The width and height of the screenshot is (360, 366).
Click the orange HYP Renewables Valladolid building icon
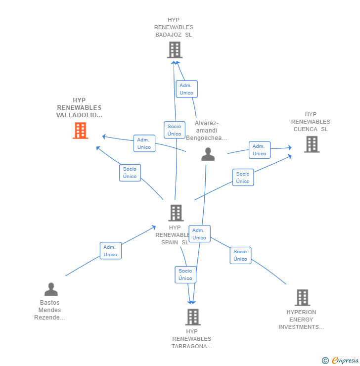click(x=80, y=131)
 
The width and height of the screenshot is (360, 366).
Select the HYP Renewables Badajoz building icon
click(x=175, y=50)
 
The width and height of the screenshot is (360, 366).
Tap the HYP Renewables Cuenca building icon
click(x=312, y=144)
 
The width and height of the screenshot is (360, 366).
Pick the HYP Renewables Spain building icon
click(x=176, y=213)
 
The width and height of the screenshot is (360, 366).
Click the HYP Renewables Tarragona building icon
click(x=192, y=317)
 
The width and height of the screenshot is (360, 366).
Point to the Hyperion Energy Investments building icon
click(x=302, y=297)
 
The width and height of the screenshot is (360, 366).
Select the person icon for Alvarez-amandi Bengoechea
click(x=208, y=154)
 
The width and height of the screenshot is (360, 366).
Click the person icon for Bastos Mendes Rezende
click(x=51, y=289)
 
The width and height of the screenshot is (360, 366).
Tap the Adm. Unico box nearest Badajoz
click(x=186, y=89)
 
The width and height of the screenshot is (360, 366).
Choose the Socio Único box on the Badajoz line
click(x=174, y=130)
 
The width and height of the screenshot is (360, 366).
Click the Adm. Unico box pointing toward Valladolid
click(x=144, y=143)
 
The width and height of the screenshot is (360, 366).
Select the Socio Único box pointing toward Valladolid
click(x=130, y=173)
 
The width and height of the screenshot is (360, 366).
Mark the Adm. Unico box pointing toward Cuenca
click(x=259, y=150)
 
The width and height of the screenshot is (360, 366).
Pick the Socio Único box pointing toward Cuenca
click(x=243, y=178)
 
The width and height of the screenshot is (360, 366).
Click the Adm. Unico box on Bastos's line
click(x=110, y=251)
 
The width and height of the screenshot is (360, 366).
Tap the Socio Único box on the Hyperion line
click(x=240, y=255)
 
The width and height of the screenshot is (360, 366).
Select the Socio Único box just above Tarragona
click(x=185, y=274)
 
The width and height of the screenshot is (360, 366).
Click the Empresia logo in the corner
click(x=341, y=360)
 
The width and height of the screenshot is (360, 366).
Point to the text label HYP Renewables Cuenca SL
click(x=311, y=122)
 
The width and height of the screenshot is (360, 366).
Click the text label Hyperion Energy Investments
click(x=301, y=320)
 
